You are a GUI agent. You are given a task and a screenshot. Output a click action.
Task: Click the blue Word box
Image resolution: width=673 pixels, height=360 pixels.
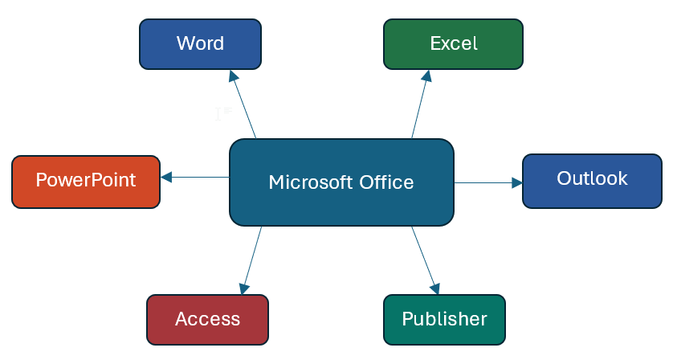point(200,43)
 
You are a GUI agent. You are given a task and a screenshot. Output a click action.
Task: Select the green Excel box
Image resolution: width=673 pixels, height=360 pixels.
point(453,43)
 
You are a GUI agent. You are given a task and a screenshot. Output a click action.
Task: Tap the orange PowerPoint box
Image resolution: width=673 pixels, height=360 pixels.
point(86,180)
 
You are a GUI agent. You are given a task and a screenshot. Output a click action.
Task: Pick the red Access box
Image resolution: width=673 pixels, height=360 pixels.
point(207,319)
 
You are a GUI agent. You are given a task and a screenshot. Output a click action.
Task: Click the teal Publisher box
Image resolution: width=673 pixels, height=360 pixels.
point(444,319)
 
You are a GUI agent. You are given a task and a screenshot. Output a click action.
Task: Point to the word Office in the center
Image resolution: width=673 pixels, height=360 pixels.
point(383,182)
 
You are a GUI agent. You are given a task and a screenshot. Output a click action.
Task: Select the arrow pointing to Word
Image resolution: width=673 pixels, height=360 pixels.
point(243,105)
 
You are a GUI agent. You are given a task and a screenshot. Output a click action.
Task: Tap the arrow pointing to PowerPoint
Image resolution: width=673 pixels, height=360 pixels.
point(195,177)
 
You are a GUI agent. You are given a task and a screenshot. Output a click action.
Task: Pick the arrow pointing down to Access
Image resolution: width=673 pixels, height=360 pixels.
point(251,260)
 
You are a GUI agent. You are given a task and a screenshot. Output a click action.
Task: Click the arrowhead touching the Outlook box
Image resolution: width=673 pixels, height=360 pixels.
point(517,183)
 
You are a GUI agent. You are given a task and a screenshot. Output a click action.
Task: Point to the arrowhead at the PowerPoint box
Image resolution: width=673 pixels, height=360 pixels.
point(165,177)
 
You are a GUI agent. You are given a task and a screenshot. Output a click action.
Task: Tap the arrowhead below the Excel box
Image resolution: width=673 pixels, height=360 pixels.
point(428,76)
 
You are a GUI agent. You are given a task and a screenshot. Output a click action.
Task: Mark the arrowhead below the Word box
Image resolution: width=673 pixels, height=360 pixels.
point(233,76)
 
